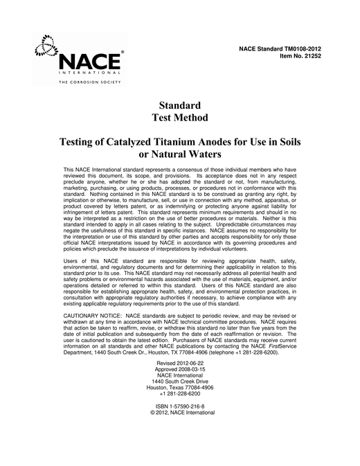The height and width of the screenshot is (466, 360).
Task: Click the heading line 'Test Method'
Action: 179,118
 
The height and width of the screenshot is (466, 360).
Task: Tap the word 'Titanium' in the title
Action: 197,141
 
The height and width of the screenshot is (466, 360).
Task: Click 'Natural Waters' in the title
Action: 190,155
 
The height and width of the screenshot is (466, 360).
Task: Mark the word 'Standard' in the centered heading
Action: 179,105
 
